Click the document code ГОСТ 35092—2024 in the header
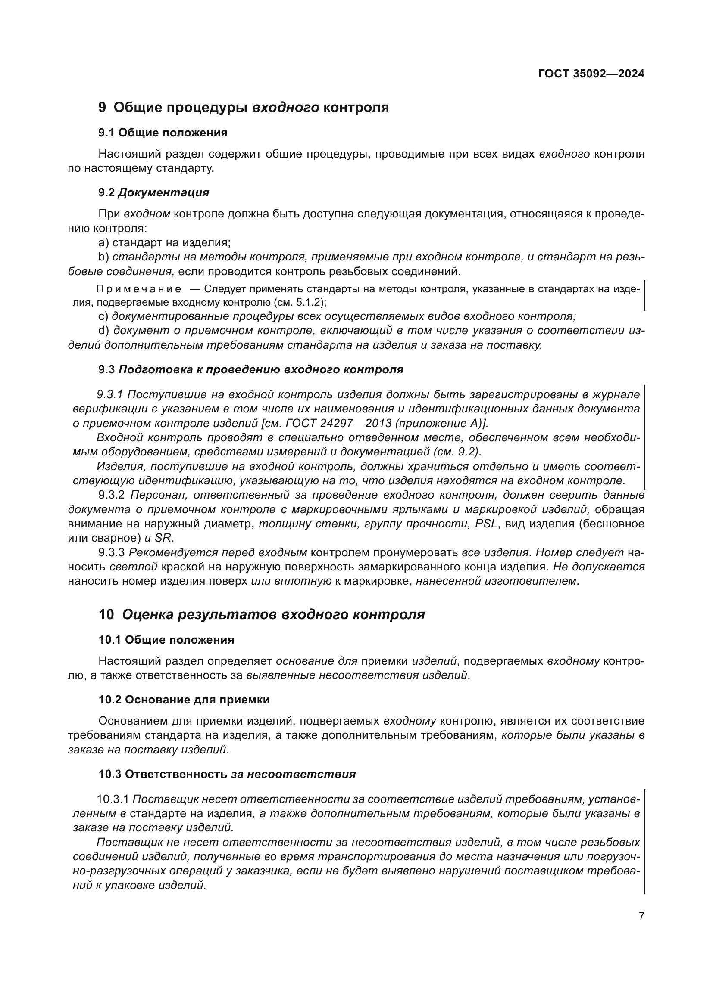tap(591, 74)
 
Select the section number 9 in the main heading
tap(102, 108)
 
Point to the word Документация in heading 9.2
tap(163, 192)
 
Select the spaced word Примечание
tap(138, 289)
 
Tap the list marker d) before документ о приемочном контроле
tap(103, 330)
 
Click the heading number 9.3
tap(106, 369)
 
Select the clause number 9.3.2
tap(112, 495)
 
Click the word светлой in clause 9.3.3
tap(134, 567)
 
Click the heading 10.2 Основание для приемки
tap(184, 700)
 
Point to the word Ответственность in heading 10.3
tap(176, 774)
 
